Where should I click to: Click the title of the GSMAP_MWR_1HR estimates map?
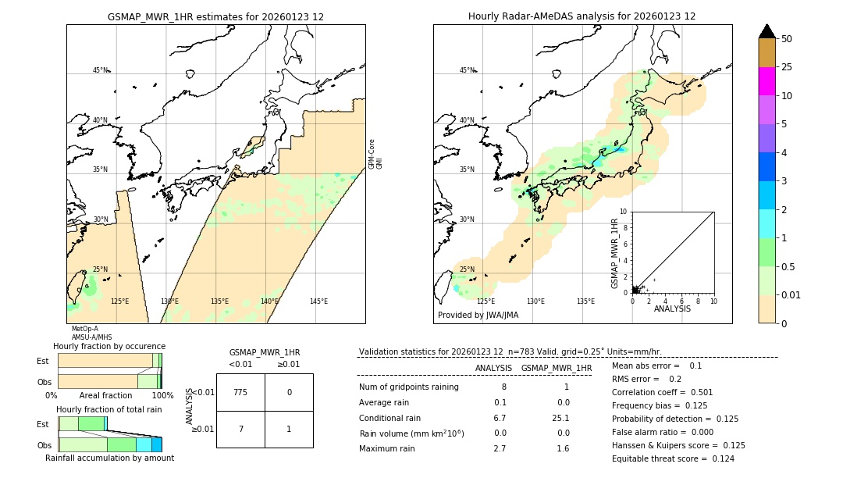pos(215,16)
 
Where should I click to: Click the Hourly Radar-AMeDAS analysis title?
pos(582,16)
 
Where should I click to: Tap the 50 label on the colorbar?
pos(787,39)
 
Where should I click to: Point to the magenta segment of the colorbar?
pos(767,81)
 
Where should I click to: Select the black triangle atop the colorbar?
pos(767,31)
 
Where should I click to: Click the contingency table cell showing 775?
pos(240,392)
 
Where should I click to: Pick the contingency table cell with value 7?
pos(240,429)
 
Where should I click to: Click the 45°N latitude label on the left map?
pos(100,70)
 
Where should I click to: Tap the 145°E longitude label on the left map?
pos(318,301)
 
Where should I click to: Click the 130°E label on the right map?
pos(535,301)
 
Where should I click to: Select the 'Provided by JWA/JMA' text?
pos(478,316)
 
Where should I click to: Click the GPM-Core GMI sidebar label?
pos(375,154)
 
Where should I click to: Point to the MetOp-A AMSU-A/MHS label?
pos(85,334)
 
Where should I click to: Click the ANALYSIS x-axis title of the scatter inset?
pos(672,309)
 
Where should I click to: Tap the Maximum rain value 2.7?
pos(500,448)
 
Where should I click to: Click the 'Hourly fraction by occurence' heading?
pos(109,346)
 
